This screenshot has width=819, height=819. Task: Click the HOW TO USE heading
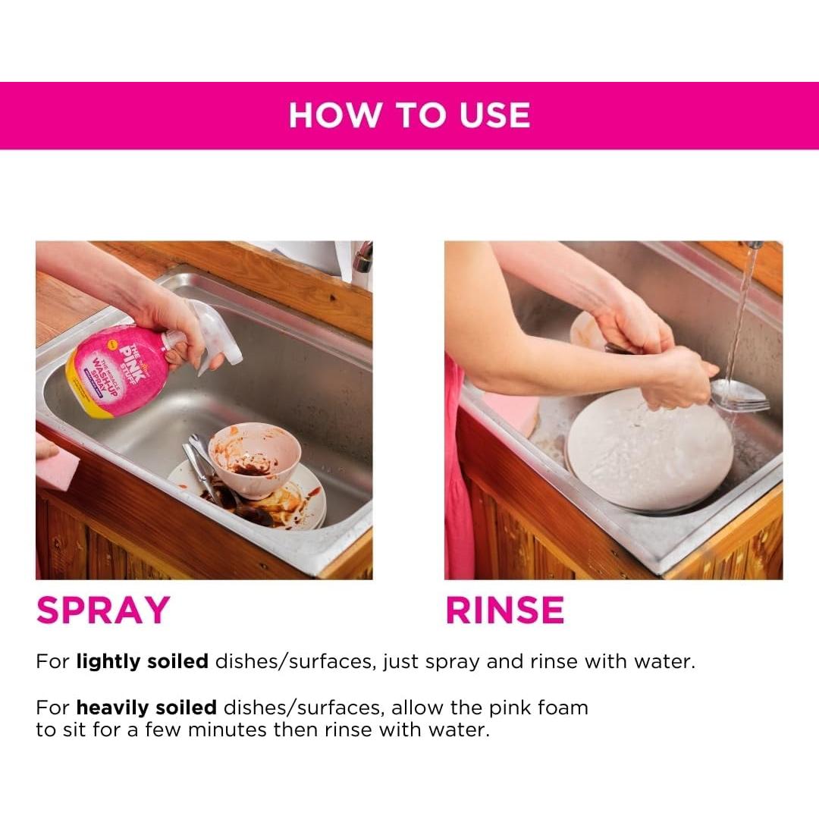click(x=409, y=115)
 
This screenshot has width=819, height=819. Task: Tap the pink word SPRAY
click(x=103, y=610)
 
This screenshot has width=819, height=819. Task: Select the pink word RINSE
click(x=505, y=610)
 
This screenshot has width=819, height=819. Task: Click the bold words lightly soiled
click(x=142, y=661)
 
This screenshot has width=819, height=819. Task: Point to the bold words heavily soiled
click(x=146, y=708)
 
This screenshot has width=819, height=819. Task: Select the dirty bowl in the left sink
click(x=254, y=459)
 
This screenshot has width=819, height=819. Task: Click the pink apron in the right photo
click(x=458, y=485)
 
